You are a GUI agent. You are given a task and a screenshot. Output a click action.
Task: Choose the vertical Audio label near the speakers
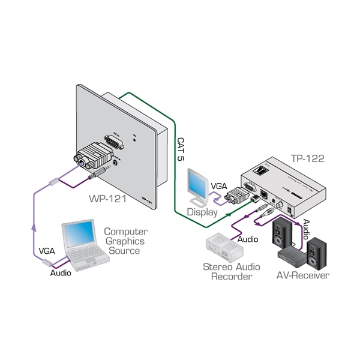coord(306,229)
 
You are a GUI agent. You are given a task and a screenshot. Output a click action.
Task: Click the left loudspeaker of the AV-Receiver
coord(283,234)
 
